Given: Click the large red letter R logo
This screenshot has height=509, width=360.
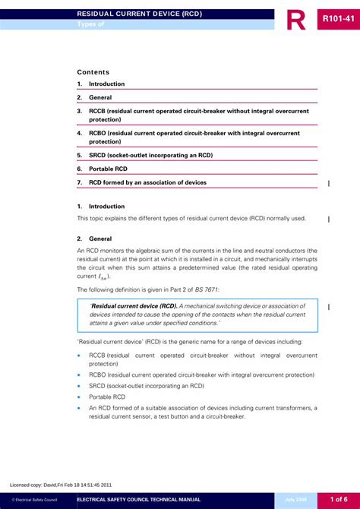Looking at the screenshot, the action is pyautogui.click(x=296, y=19).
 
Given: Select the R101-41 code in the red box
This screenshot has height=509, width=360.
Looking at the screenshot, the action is pyautogui.click(x=338, y=17).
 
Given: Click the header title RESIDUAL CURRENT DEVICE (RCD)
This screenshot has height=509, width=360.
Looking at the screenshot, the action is pyautogui.click(x=139, y=14).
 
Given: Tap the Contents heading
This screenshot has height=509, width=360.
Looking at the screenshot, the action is pyautogui.click(x=93, y=72).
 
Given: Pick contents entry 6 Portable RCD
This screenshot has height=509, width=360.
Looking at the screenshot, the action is pyautogui.click(x=108, y=169).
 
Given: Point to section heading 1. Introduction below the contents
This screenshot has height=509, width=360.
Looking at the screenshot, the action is pyautogui.click(x=100, y=206).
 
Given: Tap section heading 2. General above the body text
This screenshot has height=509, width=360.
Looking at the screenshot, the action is pyautogui.click(x=94, y=238).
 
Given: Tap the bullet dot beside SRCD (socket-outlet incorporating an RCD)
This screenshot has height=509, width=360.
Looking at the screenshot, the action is pyautogui.click(x=79, y=386).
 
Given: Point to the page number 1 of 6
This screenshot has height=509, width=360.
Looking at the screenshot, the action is pyautogui.click(x=338, y=498).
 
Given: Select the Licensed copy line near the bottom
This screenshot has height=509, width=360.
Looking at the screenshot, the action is pyautogui.click(x=60, y=484).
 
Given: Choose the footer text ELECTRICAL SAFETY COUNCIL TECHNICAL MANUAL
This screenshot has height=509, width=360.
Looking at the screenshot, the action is pyautogui.click(x=139, y=499).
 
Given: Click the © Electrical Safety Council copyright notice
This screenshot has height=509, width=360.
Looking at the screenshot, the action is pyautogui.click(x=34, y=499).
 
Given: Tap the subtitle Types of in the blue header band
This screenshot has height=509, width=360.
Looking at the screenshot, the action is pyautogui.click(x=90, y=25).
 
